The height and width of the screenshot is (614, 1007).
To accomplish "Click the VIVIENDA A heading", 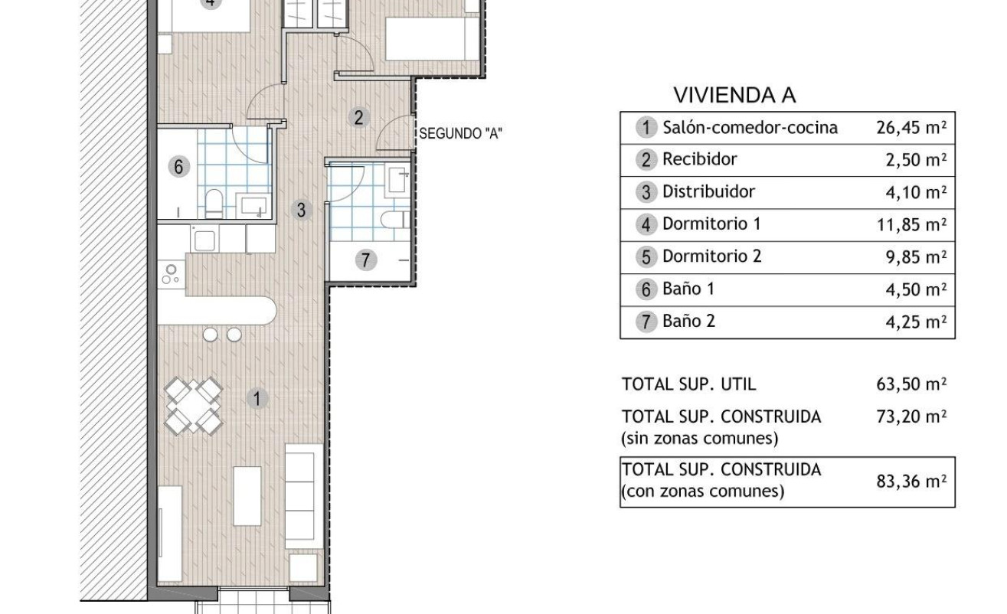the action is [734, 95].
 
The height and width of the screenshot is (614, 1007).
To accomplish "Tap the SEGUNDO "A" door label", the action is [461, 133].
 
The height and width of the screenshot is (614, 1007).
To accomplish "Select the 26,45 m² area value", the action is [911, 128].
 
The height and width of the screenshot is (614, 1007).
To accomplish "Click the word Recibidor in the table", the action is [699, 159].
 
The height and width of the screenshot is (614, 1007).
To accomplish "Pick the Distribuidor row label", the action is [708, 192].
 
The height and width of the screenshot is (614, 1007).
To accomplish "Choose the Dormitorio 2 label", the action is [712, 256].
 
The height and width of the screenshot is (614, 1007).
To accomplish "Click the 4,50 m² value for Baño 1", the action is [916, 289].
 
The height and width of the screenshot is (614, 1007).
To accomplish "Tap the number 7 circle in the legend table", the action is [646, 322].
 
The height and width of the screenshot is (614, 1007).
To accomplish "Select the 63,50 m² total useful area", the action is [911, 384].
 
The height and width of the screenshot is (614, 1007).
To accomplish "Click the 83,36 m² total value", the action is [911, 482].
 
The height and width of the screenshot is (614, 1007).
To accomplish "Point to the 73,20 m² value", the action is [911, 416].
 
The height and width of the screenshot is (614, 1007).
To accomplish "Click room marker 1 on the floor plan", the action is [257, 399].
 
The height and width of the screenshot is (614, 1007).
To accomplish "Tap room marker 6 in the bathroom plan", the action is [178, 167].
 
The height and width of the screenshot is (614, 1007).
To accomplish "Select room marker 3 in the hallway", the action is [301, 210].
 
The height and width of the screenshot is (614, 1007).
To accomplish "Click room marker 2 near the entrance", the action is [358, 118].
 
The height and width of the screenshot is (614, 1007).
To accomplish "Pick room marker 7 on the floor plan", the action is [365, 260].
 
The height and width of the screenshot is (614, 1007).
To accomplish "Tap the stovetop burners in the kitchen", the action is [170, 274].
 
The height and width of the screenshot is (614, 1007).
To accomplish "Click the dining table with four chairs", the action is [193, 406].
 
